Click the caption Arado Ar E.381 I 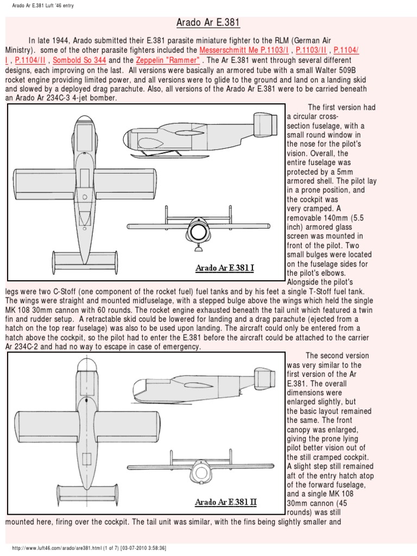pyautogui.click(x=224, y=268)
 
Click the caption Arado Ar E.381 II pyautogui.click(x=225, y=503)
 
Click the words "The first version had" pyautogui.click(x=341, y=108)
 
